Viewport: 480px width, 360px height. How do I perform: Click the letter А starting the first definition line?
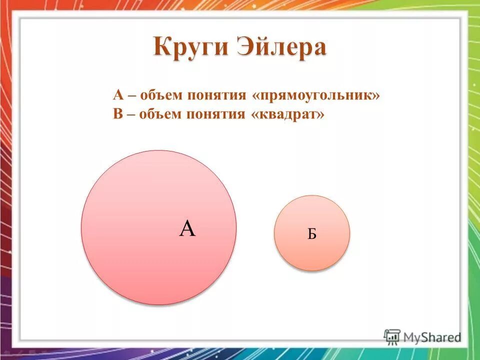click(x=118, y=95)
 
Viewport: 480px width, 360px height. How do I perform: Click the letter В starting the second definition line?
click(x=117, y=114)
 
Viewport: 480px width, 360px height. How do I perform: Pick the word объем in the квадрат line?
click(x=161, y=114)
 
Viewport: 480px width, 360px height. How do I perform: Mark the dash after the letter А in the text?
click(x=131, y=95)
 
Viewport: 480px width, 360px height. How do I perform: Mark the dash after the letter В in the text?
click(x=131, y=114)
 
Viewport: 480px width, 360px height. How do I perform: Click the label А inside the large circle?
click(x=187, y=229)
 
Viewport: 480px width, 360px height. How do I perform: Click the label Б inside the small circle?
click(x=312, y=234)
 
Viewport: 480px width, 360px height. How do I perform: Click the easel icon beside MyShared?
click(x=392, y=336)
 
